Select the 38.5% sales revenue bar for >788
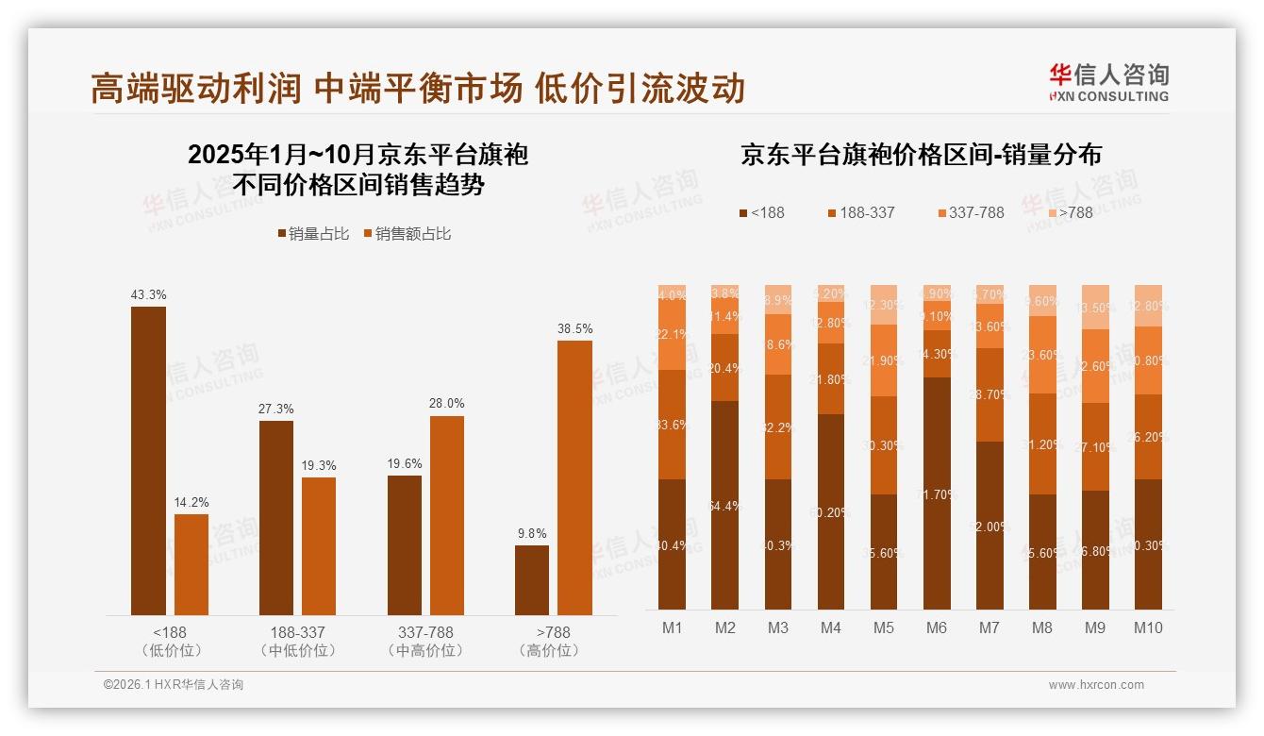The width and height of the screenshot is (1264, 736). (574, 477)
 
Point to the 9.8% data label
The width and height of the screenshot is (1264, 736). (531, 533)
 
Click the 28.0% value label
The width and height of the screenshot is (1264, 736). (447, 403)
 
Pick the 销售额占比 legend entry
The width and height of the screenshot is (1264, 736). (407, 234)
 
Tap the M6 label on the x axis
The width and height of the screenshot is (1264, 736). (936, 628)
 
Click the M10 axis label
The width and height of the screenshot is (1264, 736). (1147, 628)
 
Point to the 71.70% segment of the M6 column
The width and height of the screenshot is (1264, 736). (937, 493)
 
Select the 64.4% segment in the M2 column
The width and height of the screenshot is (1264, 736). (725, 505)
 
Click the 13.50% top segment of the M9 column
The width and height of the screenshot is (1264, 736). (1095, 307)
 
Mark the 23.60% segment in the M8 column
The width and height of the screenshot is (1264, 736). (1042, 355)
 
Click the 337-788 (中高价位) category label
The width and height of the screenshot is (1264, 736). (425, 642)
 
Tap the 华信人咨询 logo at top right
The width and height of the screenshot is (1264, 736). (1108, 82)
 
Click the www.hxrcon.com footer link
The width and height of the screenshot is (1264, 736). (1095, 685)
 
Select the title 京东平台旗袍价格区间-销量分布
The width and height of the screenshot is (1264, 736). (921, 155)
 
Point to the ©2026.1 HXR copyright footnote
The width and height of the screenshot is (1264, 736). (174, 685)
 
